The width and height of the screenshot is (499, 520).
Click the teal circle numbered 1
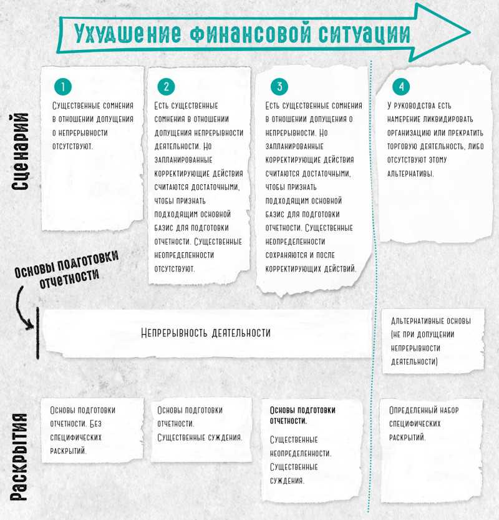pos(63,87)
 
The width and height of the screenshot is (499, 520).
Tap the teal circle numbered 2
pos(167,87)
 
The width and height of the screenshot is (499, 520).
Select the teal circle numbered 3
pos(279,87)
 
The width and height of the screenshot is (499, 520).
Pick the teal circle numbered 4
pos(401,87)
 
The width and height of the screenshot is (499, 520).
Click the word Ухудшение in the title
pos(128,34)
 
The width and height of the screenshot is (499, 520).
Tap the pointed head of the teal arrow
pos(470,32)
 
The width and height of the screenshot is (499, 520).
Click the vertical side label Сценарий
pos(20,152)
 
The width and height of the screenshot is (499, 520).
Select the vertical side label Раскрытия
pos(19,457)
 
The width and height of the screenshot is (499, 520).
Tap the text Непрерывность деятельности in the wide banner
pos(206,333)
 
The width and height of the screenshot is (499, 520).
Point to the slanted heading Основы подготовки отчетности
pos(66,270)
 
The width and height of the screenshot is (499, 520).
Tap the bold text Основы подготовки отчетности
pos(303,415)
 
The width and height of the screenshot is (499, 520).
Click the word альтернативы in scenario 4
pos(410,174)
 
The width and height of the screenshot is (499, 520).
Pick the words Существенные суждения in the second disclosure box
pos(200,438)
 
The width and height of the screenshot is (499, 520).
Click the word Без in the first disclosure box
pos(96,424)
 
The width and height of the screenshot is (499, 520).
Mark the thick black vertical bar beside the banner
pos(37,333)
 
